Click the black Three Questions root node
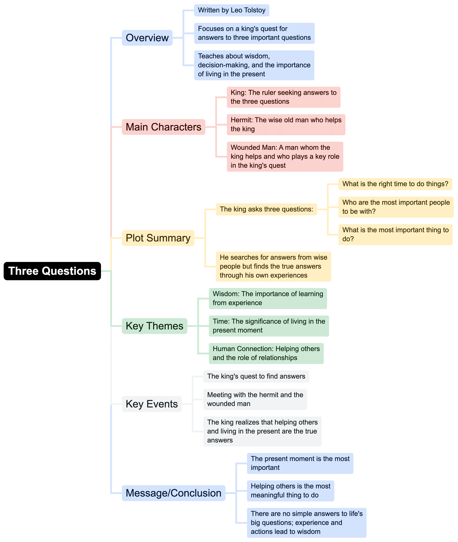click(52, 271)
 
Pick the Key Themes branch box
click(154, 326)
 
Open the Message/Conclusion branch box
click(173, 493)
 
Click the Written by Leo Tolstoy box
click(232, 10)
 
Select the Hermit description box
click(286, 125)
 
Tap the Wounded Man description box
click(285, 156)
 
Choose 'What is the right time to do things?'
click(395, 184)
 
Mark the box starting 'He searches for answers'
click(273, 267)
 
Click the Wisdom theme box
click(268, 298)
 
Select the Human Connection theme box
click(266, 353)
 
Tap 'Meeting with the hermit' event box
click(255, 399)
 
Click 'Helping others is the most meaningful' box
click(290, 491)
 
